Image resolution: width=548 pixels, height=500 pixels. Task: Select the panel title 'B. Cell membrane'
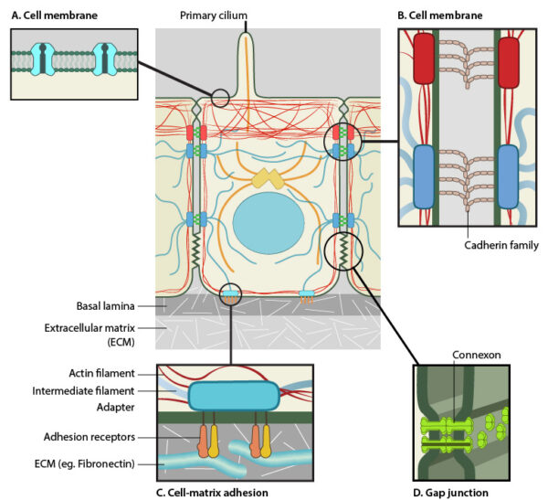pyautogui.click(x=448, y=15)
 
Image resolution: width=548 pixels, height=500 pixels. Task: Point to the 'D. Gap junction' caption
pyautogui.click(x=456, y=492)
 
